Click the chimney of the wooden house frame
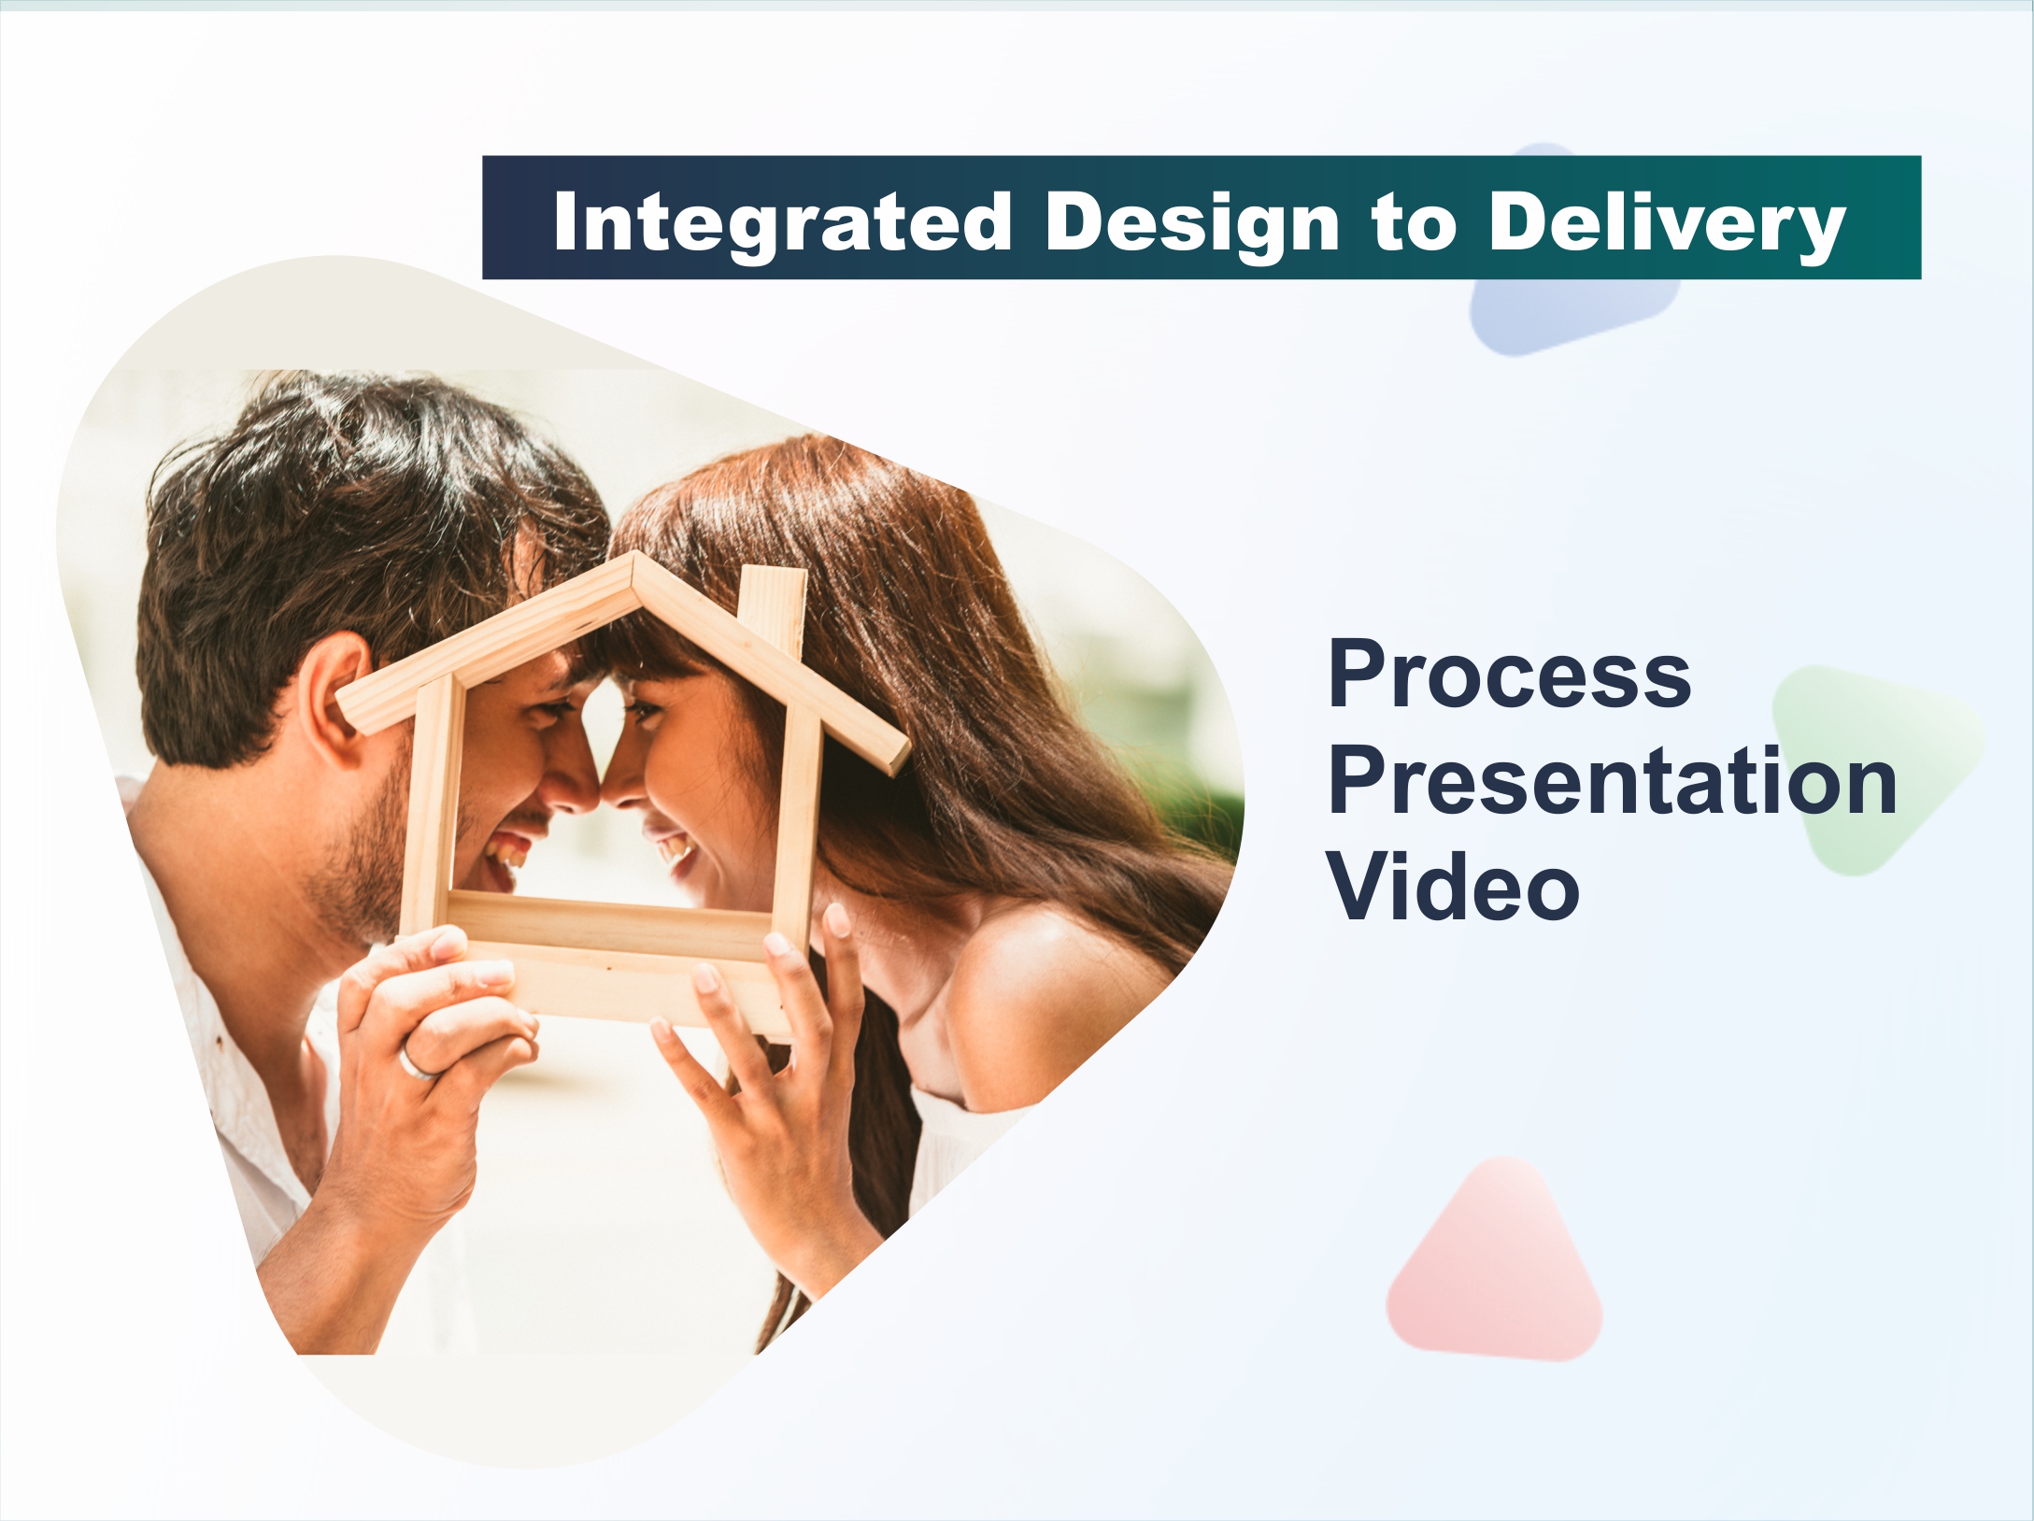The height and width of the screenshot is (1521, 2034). pos(772,607)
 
